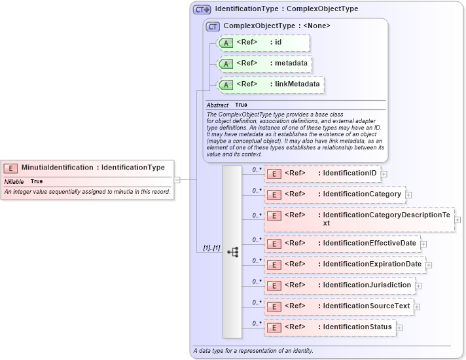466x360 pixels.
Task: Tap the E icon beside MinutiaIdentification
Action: point(12,168)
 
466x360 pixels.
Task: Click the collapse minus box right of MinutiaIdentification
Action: point(177,179)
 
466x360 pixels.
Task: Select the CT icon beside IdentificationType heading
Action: point(202,10)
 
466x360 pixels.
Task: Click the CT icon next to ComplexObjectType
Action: point(213,26)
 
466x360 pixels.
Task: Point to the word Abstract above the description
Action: point(217,105)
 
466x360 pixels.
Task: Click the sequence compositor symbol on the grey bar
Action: point(233,251)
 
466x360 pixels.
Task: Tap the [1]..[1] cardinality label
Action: point(211,249)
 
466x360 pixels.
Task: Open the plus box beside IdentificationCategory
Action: point(408,194)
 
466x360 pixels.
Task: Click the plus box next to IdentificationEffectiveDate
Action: point(423,243)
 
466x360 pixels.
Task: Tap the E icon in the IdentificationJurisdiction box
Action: point(275,285)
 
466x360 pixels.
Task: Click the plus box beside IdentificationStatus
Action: point(399,327)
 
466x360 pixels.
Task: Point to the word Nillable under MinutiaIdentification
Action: point(14,181)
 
